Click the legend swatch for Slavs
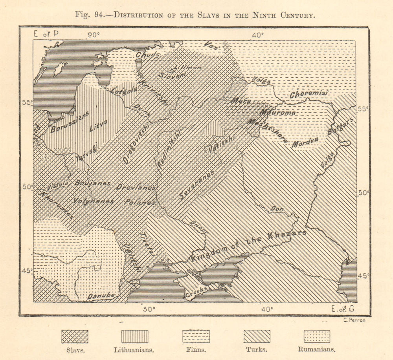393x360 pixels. pos(75,336)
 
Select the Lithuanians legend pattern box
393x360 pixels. pos(135,336)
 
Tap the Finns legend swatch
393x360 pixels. pos(196,336)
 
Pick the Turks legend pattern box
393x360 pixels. pos(257,336)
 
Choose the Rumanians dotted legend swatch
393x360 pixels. pos(317,336)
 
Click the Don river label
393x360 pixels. pos(277,210)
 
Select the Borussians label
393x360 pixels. pos(70,122)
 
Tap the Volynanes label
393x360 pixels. pos(94,201)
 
